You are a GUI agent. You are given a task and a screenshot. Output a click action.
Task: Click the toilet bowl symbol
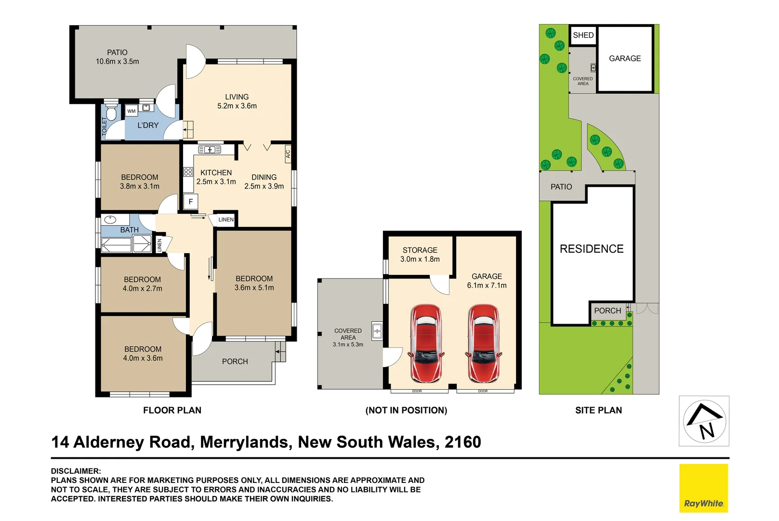pyautogui.click(x=111, y=114)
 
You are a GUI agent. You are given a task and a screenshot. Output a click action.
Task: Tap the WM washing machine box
pyautogui.click(x=132, y=111)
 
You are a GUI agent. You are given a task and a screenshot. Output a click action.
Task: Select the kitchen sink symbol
pyautogui.click(x=210, y=150)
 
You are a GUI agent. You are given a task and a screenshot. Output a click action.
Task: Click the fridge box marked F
pyautogui.click(x=191, y=202)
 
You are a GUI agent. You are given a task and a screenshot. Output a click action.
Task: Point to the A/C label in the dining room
pyautogui.click(x=288, y=154)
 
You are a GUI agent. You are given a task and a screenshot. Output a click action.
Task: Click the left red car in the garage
pyautogui.click(x=426, y=343)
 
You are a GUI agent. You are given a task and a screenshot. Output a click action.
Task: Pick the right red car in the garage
pyautogui.click(x=484, y=343)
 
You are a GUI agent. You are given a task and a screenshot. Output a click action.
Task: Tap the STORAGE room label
pyautogui.click(x=420, y=250)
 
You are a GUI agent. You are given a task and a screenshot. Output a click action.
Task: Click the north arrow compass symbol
pyautogui.click(x=704, y=421)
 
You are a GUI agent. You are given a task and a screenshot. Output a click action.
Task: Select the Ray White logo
pyautogui.click(x=703, y=488)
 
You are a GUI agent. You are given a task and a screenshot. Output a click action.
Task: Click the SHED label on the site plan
pyautogui.click(x=583, y=35)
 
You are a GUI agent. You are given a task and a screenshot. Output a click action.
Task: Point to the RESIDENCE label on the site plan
pyautogui.click(x=592, y=249)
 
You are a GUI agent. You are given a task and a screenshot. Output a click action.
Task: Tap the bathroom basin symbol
pyautogui.click(x=110, y=220)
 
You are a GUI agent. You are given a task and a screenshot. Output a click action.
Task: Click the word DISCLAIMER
pyautogui.click(x=76, y=471)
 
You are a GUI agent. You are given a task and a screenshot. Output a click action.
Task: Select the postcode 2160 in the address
pyautogui.click(x=462, y=442)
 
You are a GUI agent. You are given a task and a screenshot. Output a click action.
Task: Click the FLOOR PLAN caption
pyautogui.click(x=172, y=411)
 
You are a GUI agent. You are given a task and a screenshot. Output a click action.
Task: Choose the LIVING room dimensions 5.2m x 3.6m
pyautogui.click(x=237, y=106)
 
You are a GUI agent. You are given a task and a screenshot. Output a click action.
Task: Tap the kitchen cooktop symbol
pyautogui.click(x=188, y=172)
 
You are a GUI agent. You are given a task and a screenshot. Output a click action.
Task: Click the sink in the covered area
pyautogui.click(x=377, y=331)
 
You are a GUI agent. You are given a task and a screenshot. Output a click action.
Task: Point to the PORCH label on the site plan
pyautogui.click(x=607, y=311)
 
